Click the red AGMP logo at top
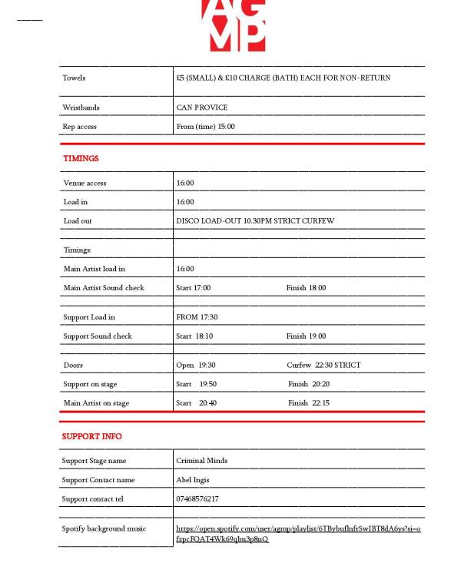[234, 25]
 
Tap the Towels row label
[75, 78]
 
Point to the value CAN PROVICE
[201, 108]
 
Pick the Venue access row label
[85, 183]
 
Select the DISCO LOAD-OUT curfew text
[255, 221]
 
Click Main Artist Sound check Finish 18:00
[306, 288]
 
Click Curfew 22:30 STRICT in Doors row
[323, 365]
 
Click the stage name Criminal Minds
[201, 461]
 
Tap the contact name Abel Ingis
[194, 480]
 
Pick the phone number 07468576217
[197, 499]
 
